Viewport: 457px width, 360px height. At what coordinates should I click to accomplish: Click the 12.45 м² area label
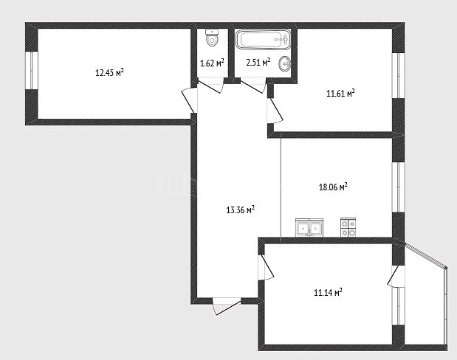pos(109,72)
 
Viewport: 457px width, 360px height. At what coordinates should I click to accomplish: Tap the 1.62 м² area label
pos(212,63)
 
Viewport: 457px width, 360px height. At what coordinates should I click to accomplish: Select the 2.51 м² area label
pos(258,62)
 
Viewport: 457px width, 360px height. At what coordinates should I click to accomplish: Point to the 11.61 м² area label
pos(340,93)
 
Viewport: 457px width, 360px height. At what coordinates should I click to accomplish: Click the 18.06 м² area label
pos(333,187)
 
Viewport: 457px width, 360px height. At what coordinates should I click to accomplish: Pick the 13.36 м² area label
pos(241,210)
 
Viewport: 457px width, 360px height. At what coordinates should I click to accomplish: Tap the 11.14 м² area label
pos(328,292)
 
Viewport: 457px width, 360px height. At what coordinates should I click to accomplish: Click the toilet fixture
pos(212,38)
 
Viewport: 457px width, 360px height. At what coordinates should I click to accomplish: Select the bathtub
pos(263,40)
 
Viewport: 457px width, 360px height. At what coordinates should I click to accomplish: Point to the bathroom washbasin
pos(284,63)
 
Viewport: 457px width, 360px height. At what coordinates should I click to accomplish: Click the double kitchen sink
pos(309,227)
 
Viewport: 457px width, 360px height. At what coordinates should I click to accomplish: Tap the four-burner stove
pos(348,227)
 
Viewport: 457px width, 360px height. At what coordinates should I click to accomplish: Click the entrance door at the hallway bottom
pos(227,306)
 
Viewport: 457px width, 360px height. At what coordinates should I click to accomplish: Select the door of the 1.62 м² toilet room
pos(210,86)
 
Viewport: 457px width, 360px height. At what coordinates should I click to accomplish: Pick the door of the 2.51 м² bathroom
pos(253,86)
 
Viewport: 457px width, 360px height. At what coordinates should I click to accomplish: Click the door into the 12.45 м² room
pos(189,100)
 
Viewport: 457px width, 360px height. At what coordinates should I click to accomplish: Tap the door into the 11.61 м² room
pos(275,111)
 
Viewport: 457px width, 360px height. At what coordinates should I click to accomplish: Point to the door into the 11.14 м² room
pos(266,268)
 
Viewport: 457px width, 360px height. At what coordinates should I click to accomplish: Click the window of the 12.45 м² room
pos(32,71)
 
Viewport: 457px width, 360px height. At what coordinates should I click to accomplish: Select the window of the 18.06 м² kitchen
pos(398,187)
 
